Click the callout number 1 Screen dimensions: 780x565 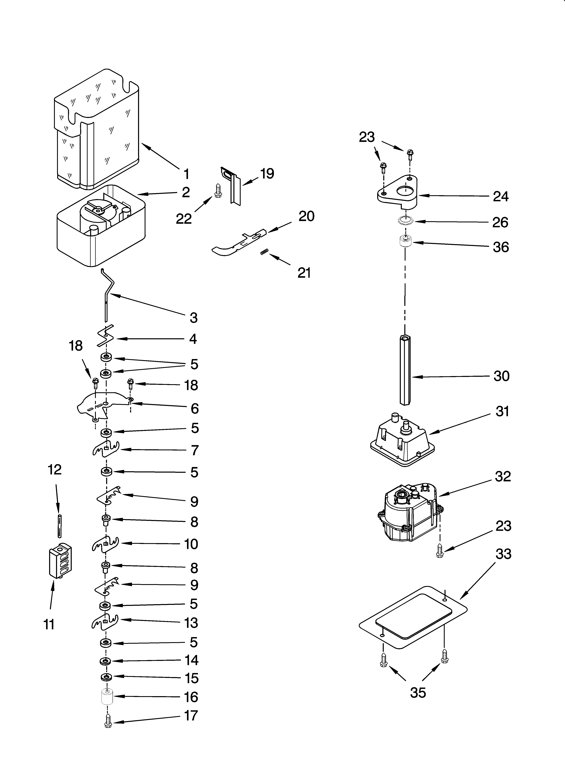click(186, 174)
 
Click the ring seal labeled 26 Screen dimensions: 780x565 click(406, 220)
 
